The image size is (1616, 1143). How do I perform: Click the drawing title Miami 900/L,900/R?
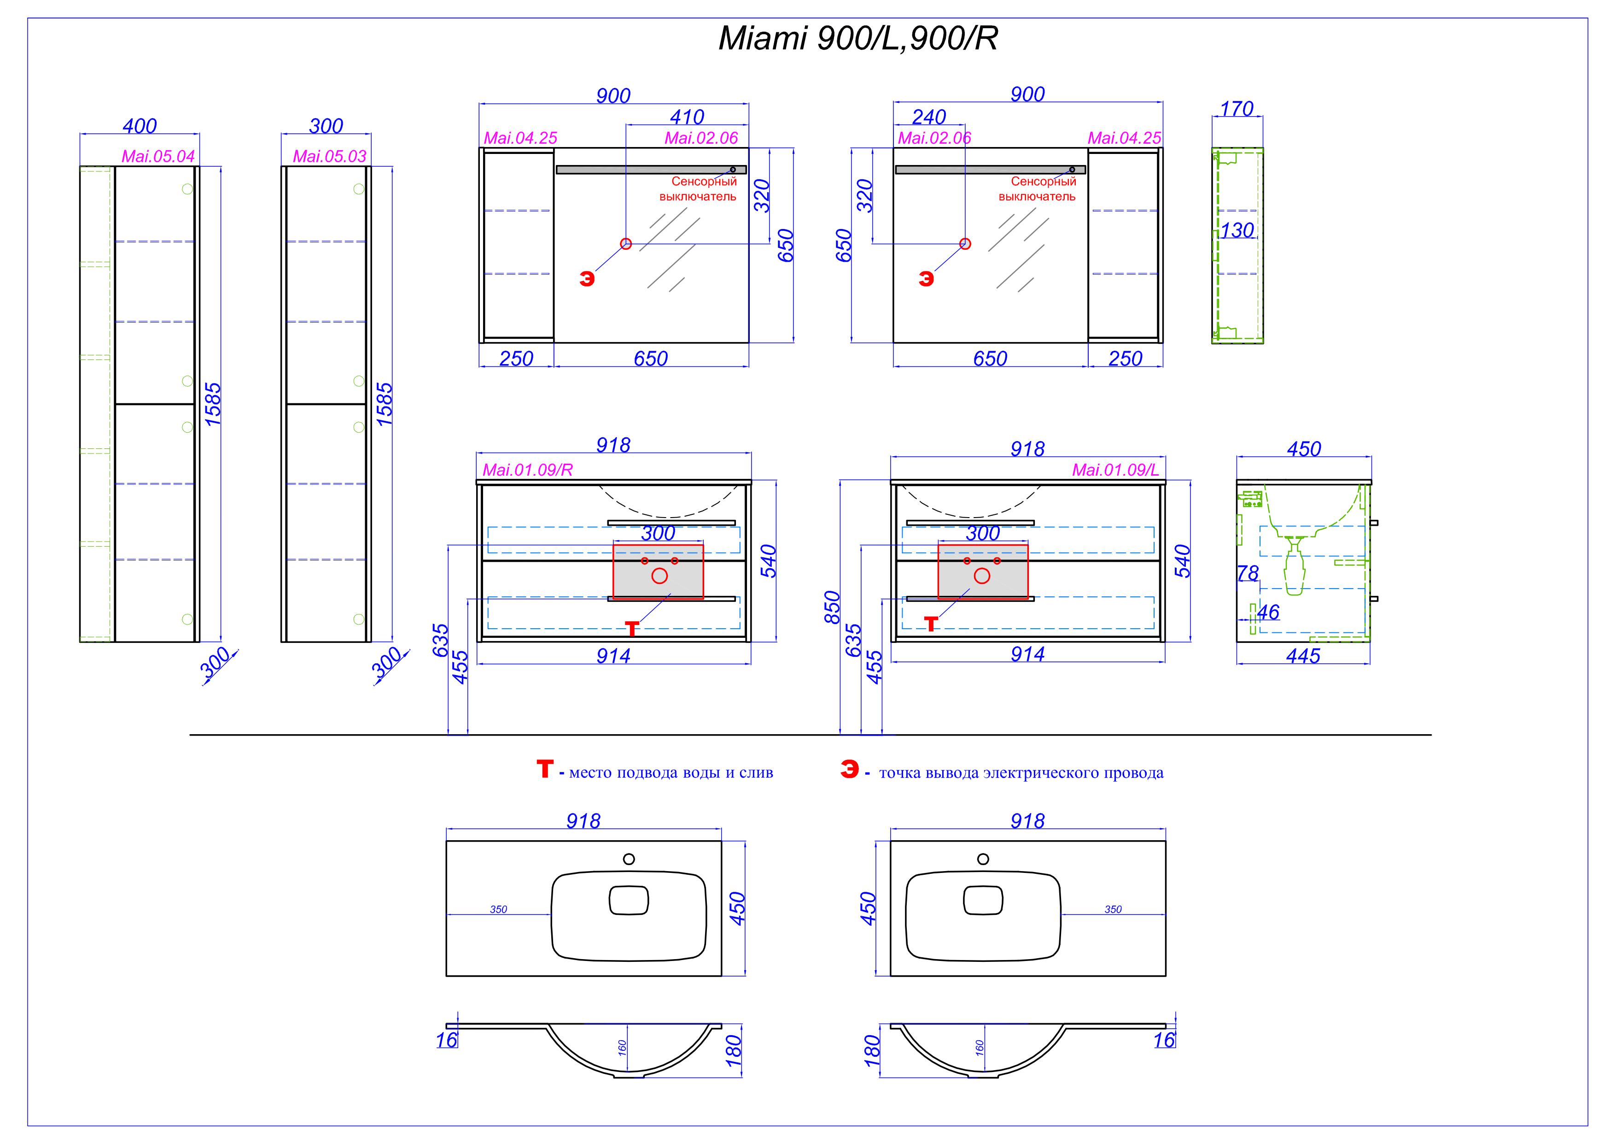858,39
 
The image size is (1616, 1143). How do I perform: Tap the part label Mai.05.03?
329,156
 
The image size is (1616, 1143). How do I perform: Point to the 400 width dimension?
140,126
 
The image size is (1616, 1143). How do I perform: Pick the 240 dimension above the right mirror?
929,117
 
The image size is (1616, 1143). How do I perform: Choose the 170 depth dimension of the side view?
1237,109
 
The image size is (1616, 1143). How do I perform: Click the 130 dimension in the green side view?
1237,230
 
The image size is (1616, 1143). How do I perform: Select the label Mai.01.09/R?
527,471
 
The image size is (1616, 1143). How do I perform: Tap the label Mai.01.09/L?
1115,471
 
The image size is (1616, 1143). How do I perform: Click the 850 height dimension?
832,607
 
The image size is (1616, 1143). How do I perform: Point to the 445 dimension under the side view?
1303,656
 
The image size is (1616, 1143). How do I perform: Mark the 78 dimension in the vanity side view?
1248,574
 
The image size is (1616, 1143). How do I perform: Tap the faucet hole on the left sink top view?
629,859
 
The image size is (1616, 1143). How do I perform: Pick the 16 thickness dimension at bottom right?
1164,1040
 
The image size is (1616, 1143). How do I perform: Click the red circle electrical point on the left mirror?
626,244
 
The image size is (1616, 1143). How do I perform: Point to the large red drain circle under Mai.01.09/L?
982,576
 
